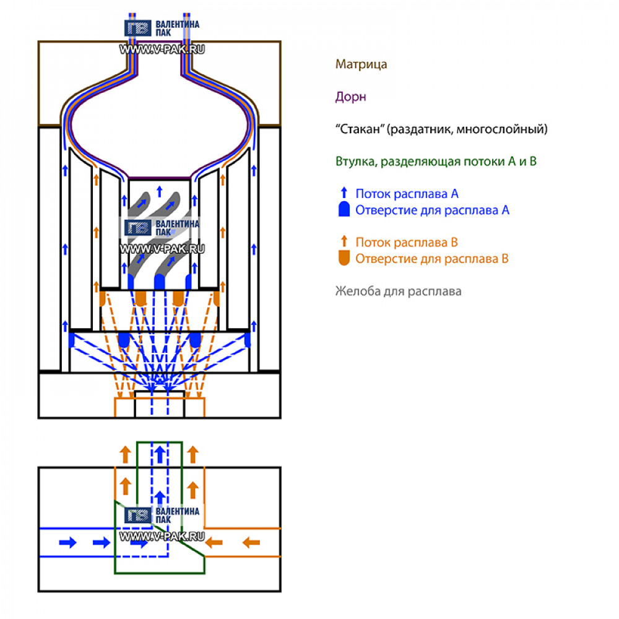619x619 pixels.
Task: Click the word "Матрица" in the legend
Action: point(361,64)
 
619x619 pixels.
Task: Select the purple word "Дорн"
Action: point(350,97)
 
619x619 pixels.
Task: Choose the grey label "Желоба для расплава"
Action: point(398,291)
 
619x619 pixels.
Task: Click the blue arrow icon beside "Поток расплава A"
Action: point(344,193)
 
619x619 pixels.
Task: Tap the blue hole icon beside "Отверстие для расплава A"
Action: point(344,210)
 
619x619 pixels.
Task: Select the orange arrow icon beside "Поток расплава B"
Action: point(344,241)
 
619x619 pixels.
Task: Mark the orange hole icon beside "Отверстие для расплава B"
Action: point(344,259)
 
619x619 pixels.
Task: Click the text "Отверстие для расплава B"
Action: point(432,259)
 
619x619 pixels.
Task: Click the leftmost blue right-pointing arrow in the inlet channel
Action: point(67,543)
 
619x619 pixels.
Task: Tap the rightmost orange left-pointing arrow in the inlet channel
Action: point(251,543)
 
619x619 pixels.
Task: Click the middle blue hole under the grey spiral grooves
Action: point(159,282)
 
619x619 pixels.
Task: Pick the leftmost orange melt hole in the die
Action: point(103,299)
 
